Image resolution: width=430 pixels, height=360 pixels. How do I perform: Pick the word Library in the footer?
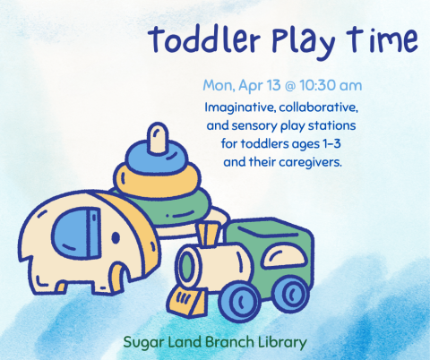pos(280,341)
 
